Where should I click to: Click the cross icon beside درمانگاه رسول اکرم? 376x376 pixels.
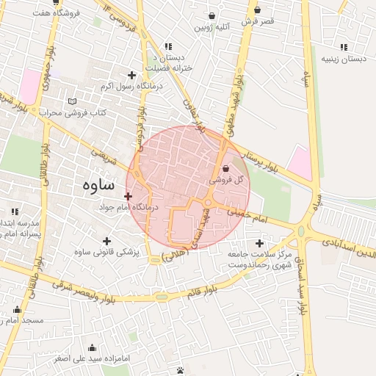tap(131, 75)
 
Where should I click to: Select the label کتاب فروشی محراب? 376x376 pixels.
tap(73, 112)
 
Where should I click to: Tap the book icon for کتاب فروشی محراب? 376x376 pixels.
tap(71, 101)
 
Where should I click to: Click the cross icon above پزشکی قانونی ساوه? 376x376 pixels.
tap(108, 241)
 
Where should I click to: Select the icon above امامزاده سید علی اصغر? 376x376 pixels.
tap(92, 348)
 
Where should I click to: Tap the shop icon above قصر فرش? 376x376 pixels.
tap(258, 10)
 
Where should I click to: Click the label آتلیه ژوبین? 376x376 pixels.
tap(212, 27)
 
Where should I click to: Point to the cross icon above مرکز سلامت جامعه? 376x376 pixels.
tap(258, 243)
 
